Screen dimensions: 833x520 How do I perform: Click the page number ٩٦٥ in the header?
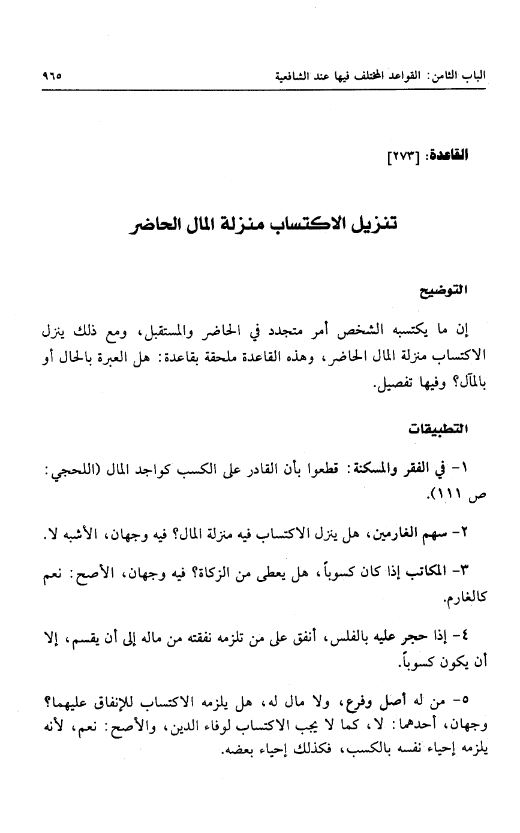pos(53,77)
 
